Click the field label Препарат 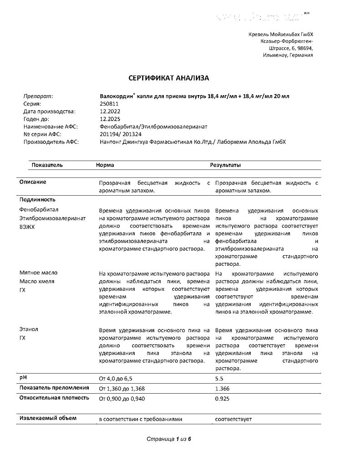click(x=38, y=96)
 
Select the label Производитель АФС click(x=51, y=142)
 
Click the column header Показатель click(x=47, y=165)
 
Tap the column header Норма click(x=105, y=165)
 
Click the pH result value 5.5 click(x=219, y=379)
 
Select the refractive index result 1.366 click(x=222, y=389)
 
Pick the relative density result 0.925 click(x=222, y=399)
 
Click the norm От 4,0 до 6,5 click(x=116, y=379)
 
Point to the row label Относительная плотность click(x=54, y=398)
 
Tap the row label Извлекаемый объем click(x=48, y=418)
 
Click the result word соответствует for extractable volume click(x=233, y=419)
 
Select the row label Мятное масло click(x=38, y=273)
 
